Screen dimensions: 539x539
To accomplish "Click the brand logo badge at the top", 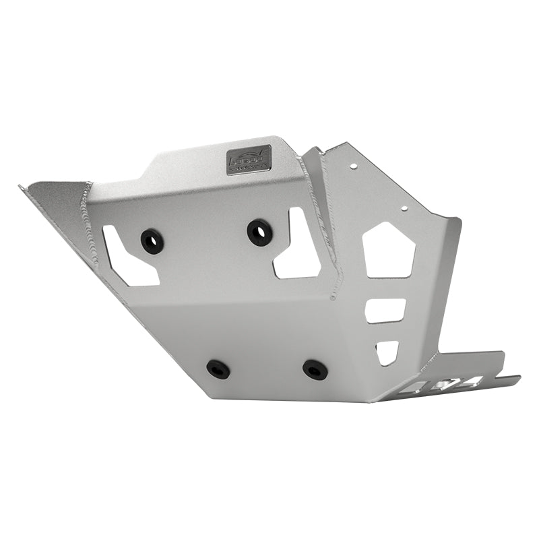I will click(x=248, y=160).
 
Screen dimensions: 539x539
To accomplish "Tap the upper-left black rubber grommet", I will click(x=152, y=241).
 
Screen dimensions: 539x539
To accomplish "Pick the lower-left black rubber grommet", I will click(x=218, y=369).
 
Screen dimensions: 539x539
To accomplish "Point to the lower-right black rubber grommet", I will click(x=315, y=369).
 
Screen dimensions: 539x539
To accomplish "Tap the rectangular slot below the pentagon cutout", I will click(x=385, y=311).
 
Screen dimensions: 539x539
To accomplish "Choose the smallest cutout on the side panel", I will click(x=387, y=351).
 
